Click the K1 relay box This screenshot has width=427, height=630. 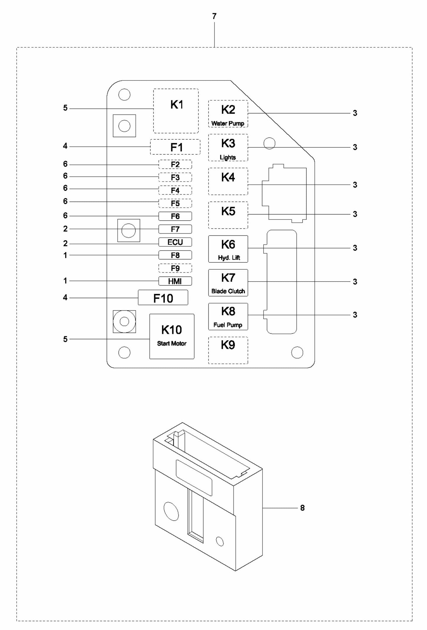click(x=176, y=111)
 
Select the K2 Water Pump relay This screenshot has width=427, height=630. click(x=228, y=114)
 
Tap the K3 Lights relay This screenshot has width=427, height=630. click(x=228, y=148)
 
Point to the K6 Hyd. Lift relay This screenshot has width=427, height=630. click(x=228, y=249)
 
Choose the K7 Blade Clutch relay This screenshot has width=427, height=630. click(x=228, y=282)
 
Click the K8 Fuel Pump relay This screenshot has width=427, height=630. click(x=228, y=316)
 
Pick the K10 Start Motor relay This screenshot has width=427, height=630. click(x=172, y=336)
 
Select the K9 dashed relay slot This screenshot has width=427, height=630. click(x=228, y=350)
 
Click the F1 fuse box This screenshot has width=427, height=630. click(x=175, y=147)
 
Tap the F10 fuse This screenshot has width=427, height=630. click(x=163, y=298)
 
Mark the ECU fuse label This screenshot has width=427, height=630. click(x=175, y=242)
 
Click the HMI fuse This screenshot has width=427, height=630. click(x=175, y=281)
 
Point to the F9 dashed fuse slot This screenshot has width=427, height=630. click(x=175, y=268)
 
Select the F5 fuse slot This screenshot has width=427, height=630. click(x=175, y=203)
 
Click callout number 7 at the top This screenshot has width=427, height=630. click(x=214, y=17)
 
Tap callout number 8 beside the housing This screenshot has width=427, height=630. click(x=302, y=508)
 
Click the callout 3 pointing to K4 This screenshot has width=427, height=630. click(x=355, y=185)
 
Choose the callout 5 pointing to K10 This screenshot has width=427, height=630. click(x=65, y=339)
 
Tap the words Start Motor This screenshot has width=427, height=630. click(x=172, y=343)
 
